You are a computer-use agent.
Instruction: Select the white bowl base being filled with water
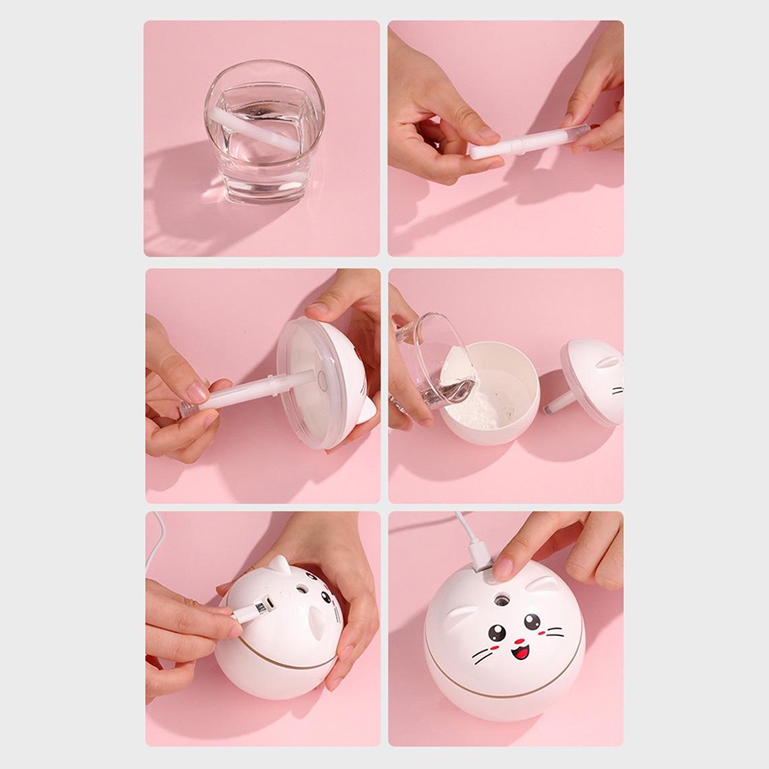(492, 394)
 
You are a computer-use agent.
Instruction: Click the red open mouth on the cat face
(520, 650)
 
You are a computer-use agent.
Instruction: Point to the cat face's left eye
(497, 632)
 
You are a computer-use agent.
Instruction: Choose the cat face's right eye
(532, 621)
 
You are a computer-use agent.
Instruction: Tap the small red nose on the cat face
(518, 640)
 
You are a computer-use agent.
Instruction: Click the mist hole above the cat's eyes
(501, 599)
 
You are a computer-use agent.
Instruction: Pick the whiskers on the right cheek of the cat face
(554, 635)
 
